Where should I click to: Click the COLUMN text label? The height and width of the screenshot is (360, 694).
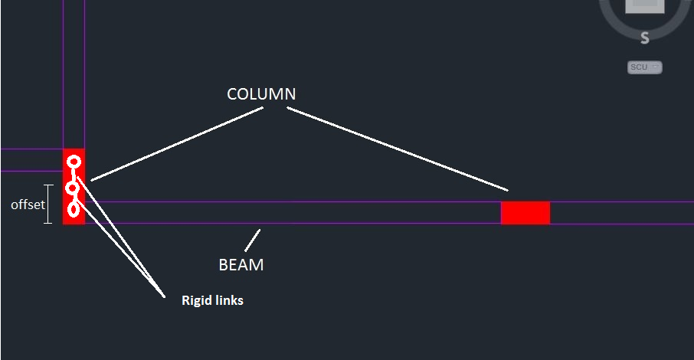click(x=261, y=94)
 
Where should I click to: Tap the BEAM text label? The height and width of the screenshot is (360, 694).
click(x=241, y=265)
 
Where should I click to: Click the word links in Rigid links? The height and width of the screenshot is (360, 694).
click(x=230, y=301)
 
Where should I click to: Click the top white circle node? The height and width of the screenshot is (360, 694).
click(x=74, y=162)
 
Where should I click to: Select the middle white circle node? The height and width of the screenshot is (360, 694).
click(x=73, y=188)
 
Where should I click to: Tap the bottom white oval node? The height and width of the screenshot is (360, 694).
click(x=74, y=208)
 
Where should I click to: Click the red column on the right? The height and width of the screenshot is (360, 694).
click(x=525, y=213)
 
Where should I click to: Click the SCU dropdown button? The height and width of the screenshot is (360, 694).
click(x=644, y=67)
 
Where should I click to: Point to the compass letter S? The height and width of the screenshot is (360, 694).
click(x=645, y=38)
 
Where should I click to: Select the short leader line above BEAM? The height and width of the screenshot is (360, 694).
click(x=253, y=240)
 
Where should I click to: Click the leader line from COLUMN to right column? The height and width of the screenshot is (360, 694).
click(x=398, y=149)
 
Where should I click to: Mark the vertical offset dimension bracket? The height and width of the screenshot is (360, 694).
click(x=49, y=204)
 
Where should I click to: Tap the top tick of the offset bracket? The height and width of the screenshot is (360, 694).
click(x=49, y=185)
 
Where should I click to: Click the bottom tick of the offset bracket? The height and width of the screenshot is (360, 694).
click(x=49, y=223)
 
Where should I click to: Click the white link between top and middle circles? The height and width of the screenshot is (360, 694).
click(x=74, y=175)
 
